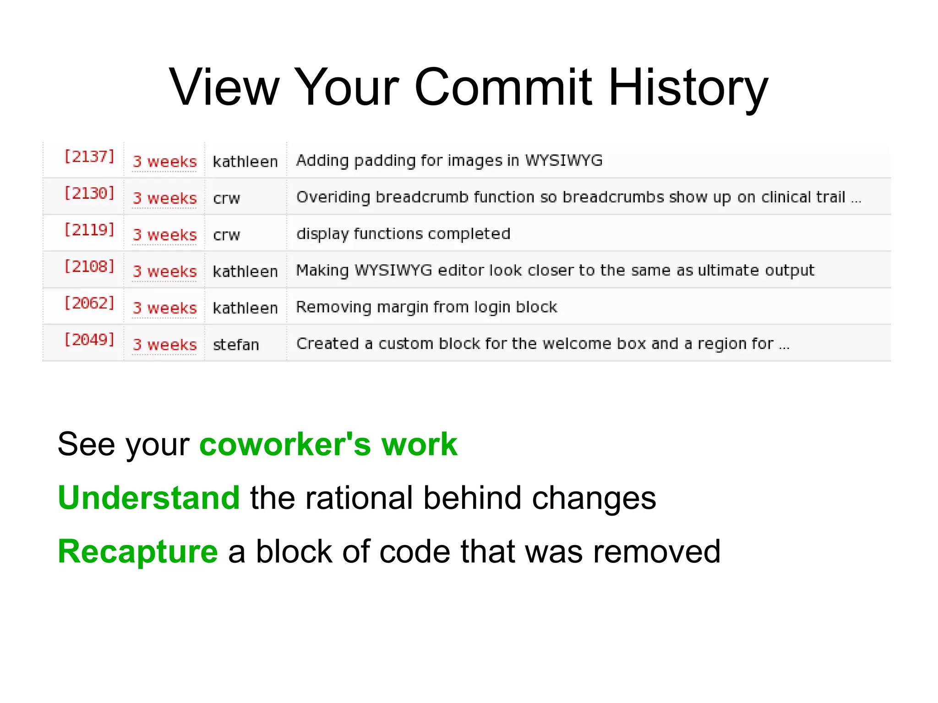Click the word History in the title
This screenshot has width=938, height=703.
[688, 87]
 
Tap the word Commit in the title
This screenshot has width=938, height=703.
[503, 87]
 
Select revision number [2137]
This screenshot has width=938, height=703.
[89, 157]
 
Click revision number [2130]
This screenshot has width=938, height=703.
[89, 193]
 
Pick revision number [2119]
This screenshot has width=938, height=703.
[89, 230]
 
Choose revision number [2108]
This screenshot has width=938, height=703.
[89, 267]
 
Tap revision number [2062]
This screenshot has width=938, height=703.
[89, 303]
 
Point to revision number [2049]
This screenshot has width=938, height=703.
[89, 340]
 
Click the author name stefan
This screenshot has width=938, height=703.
[236, 344]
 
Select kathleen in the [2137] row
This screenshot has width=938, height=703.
[245, 161]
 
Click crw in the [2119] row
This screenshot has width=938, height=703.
[226, 235]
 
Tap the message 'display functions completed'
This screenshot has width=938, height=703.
[403, 234]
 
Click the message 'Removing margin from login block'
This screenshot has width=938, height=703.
[426, 307]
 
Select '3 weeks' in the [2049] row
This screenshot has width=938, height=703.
[164, 344]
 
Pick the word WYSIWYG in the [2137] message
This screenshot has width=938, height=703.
[563, 160]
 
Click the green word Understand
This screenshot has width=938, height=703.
[149, 498]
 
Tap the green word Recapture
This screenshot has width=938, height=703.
[138, 551]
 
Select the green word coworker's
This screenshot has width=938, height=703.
[285, 444]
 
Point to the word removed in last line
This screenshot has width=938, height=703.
[657, 551]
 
